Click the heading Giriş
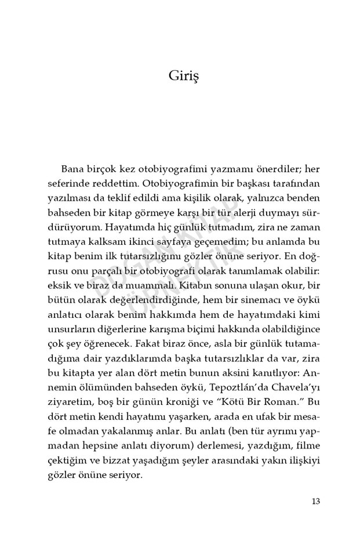click(x=180, y=76)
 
